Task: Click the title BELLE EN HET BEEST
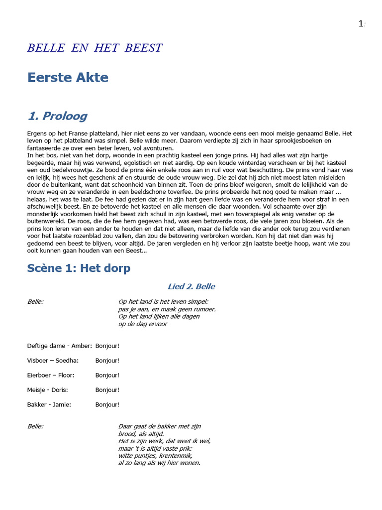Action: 95,48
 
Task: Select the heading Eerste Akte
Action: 68,77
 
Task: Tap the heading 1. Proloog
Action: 57,116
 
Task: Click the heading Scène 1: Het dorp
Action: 79,268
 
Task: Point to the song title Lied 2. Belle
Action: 191,286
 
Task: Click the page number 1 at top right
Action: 361,24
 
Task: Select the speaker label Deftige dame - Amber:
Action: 59,346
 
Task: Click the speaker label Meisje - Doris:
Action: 47,390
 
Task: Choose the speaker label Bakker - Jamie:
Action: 49,404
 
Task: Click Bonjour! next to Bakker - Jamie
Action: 107,404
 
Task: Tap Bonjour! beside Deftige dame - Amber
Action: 107,346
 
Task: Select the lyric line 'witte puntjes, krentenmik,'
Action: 155,455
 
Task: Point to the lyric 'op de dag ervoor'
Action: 143,324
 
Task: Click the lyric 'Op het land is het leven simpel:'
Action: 163,301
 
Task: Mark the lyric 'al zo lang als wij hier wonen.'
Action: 159,463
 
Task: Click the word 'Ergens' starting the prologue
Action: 36,133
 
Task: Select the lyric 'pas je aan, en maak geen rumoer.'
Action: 167,309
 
